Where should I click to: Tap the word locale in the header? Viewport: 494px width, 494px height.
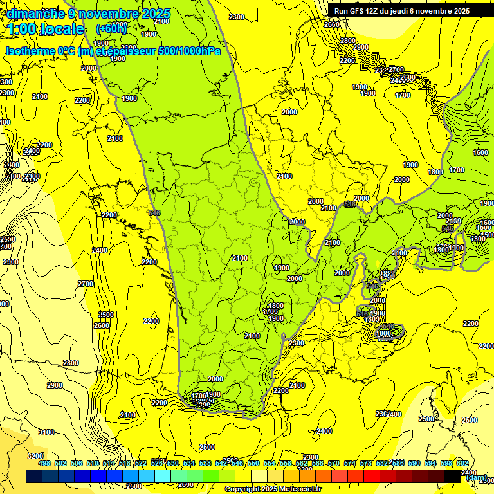click(62, 29)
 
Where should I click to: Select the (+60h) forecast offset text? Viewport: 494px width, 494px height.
click(112, 29)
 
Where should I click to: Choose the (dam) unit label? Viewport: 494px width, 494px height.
click(475, 478)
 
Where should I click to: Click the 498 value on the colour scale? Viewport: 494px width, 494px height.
click(44, 463)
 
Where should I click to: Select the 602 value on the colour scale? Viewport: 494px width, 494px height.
click(462, 463)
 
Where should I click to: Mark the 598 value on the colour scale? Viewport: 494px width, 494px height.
click(446, 463)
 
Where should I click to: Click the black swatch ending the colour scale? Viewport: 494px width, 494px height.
click(452, 476)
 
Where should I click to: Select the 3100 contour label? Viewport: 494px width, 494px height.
click(46, 433)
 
